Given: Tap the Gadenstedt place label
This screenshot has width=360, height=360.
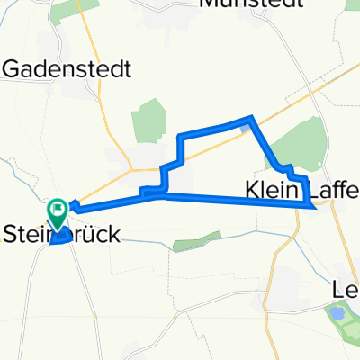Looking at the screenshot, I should [68, 68].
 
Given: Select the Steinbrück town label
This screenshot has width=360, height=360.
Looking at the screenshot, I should [63, 234].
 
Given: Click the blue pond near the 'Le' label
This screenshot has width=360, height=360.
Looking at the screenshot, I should [337, 313].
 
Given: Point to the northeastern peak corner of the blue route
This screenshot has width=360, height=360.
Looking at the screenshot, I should [250, 119].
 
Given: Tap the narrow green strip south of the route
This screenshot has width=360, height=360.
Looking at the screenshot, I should [196, 240].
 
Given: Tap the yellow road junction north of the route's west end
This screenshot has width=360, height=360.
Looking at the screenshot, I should [132, 168].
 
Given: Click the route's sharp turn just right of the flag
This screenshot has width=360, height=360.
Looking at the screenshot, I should [72, 206].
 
